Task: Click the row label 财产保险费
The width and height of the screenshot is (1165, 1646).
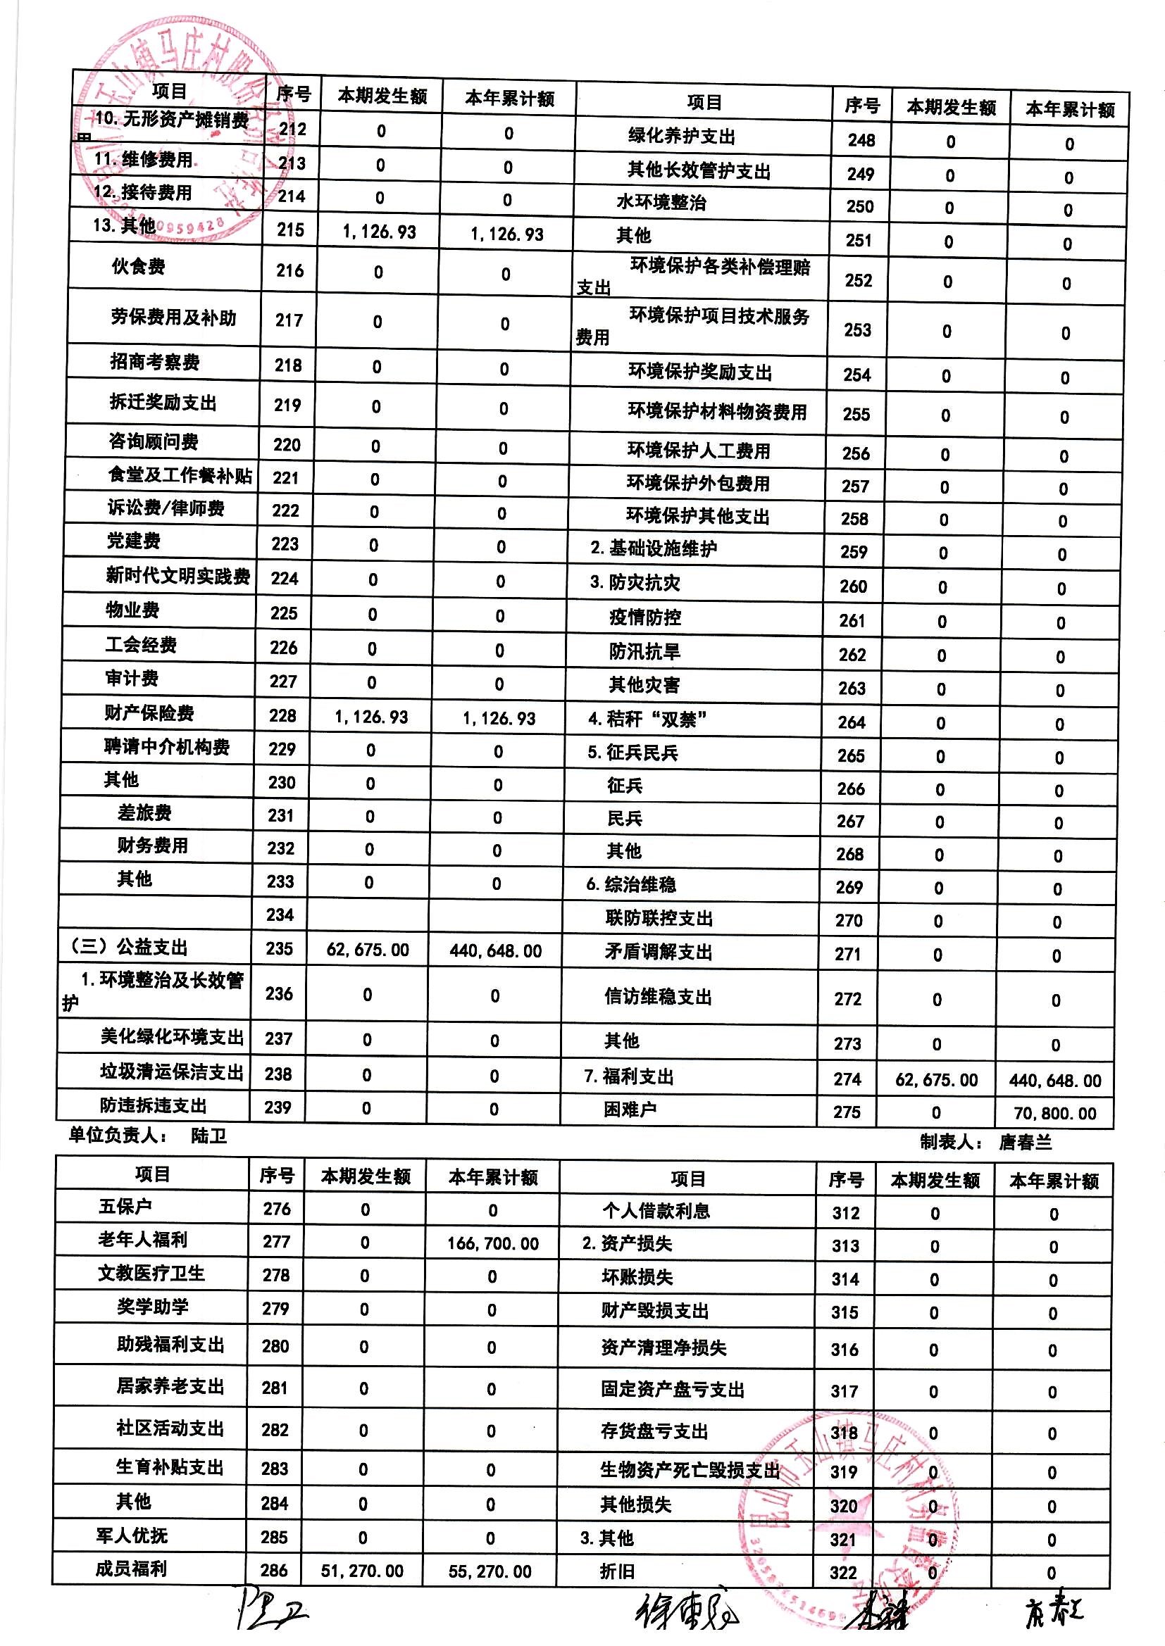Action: pyautogui.click(x=149, y=713)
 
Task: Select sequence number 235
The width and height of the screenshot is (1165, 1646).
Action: pyautogui.click(x=279, y=948)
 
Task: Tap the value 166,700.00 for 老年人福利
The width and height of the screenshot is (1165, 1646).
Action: pyautogui.click(x=493, y=1243)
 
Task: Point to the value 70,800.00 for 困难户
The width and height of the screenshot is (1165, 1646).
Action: pyautogui.click(x=1054, y=1113)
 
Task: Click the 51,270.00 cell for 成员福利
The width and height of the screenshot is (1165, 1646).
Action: pyautogui.click(x=362, y=1571)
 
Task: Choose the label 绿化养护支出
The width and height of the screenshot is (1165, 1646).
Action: pyautogui.click(x=682, y=136)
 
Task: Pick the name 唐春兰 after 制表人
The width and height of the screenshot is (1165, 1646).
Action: pyautogui.click(x=1025, y=1142)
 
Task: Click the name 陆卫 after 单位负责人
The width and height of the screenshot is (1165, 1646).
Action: pyautogui.click(x=208, y=1136)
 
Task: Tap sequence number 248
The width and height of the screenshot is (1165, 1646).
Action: pyautogui.click(x=861, y=140)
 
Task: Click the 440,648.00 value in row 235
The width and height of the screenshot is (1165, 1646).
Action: pyautogui.click(x=496, y=950)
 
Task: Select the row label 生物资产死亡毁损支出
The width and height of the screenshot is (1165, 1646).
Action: pyautogui.click(x=690, y=1471)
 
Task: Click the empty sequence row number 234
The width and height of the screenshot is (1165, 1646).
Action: pyautogui.click(x=280, y=915)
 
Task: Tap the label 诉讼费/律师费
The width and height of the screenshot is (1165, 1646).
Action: pyautogui.click(x=166, y=508)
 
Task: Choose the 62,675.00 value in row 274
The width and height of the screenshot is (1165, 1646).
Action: pyautogui.click(x=936, y=1080)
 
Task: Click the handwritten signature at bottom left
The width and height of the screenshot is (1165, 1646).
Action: pyautogui.click(x=271, y=1616)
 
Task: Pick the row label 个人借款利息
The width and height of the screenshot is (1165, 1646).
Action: pyautogui.click(x=656, y=1211)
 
